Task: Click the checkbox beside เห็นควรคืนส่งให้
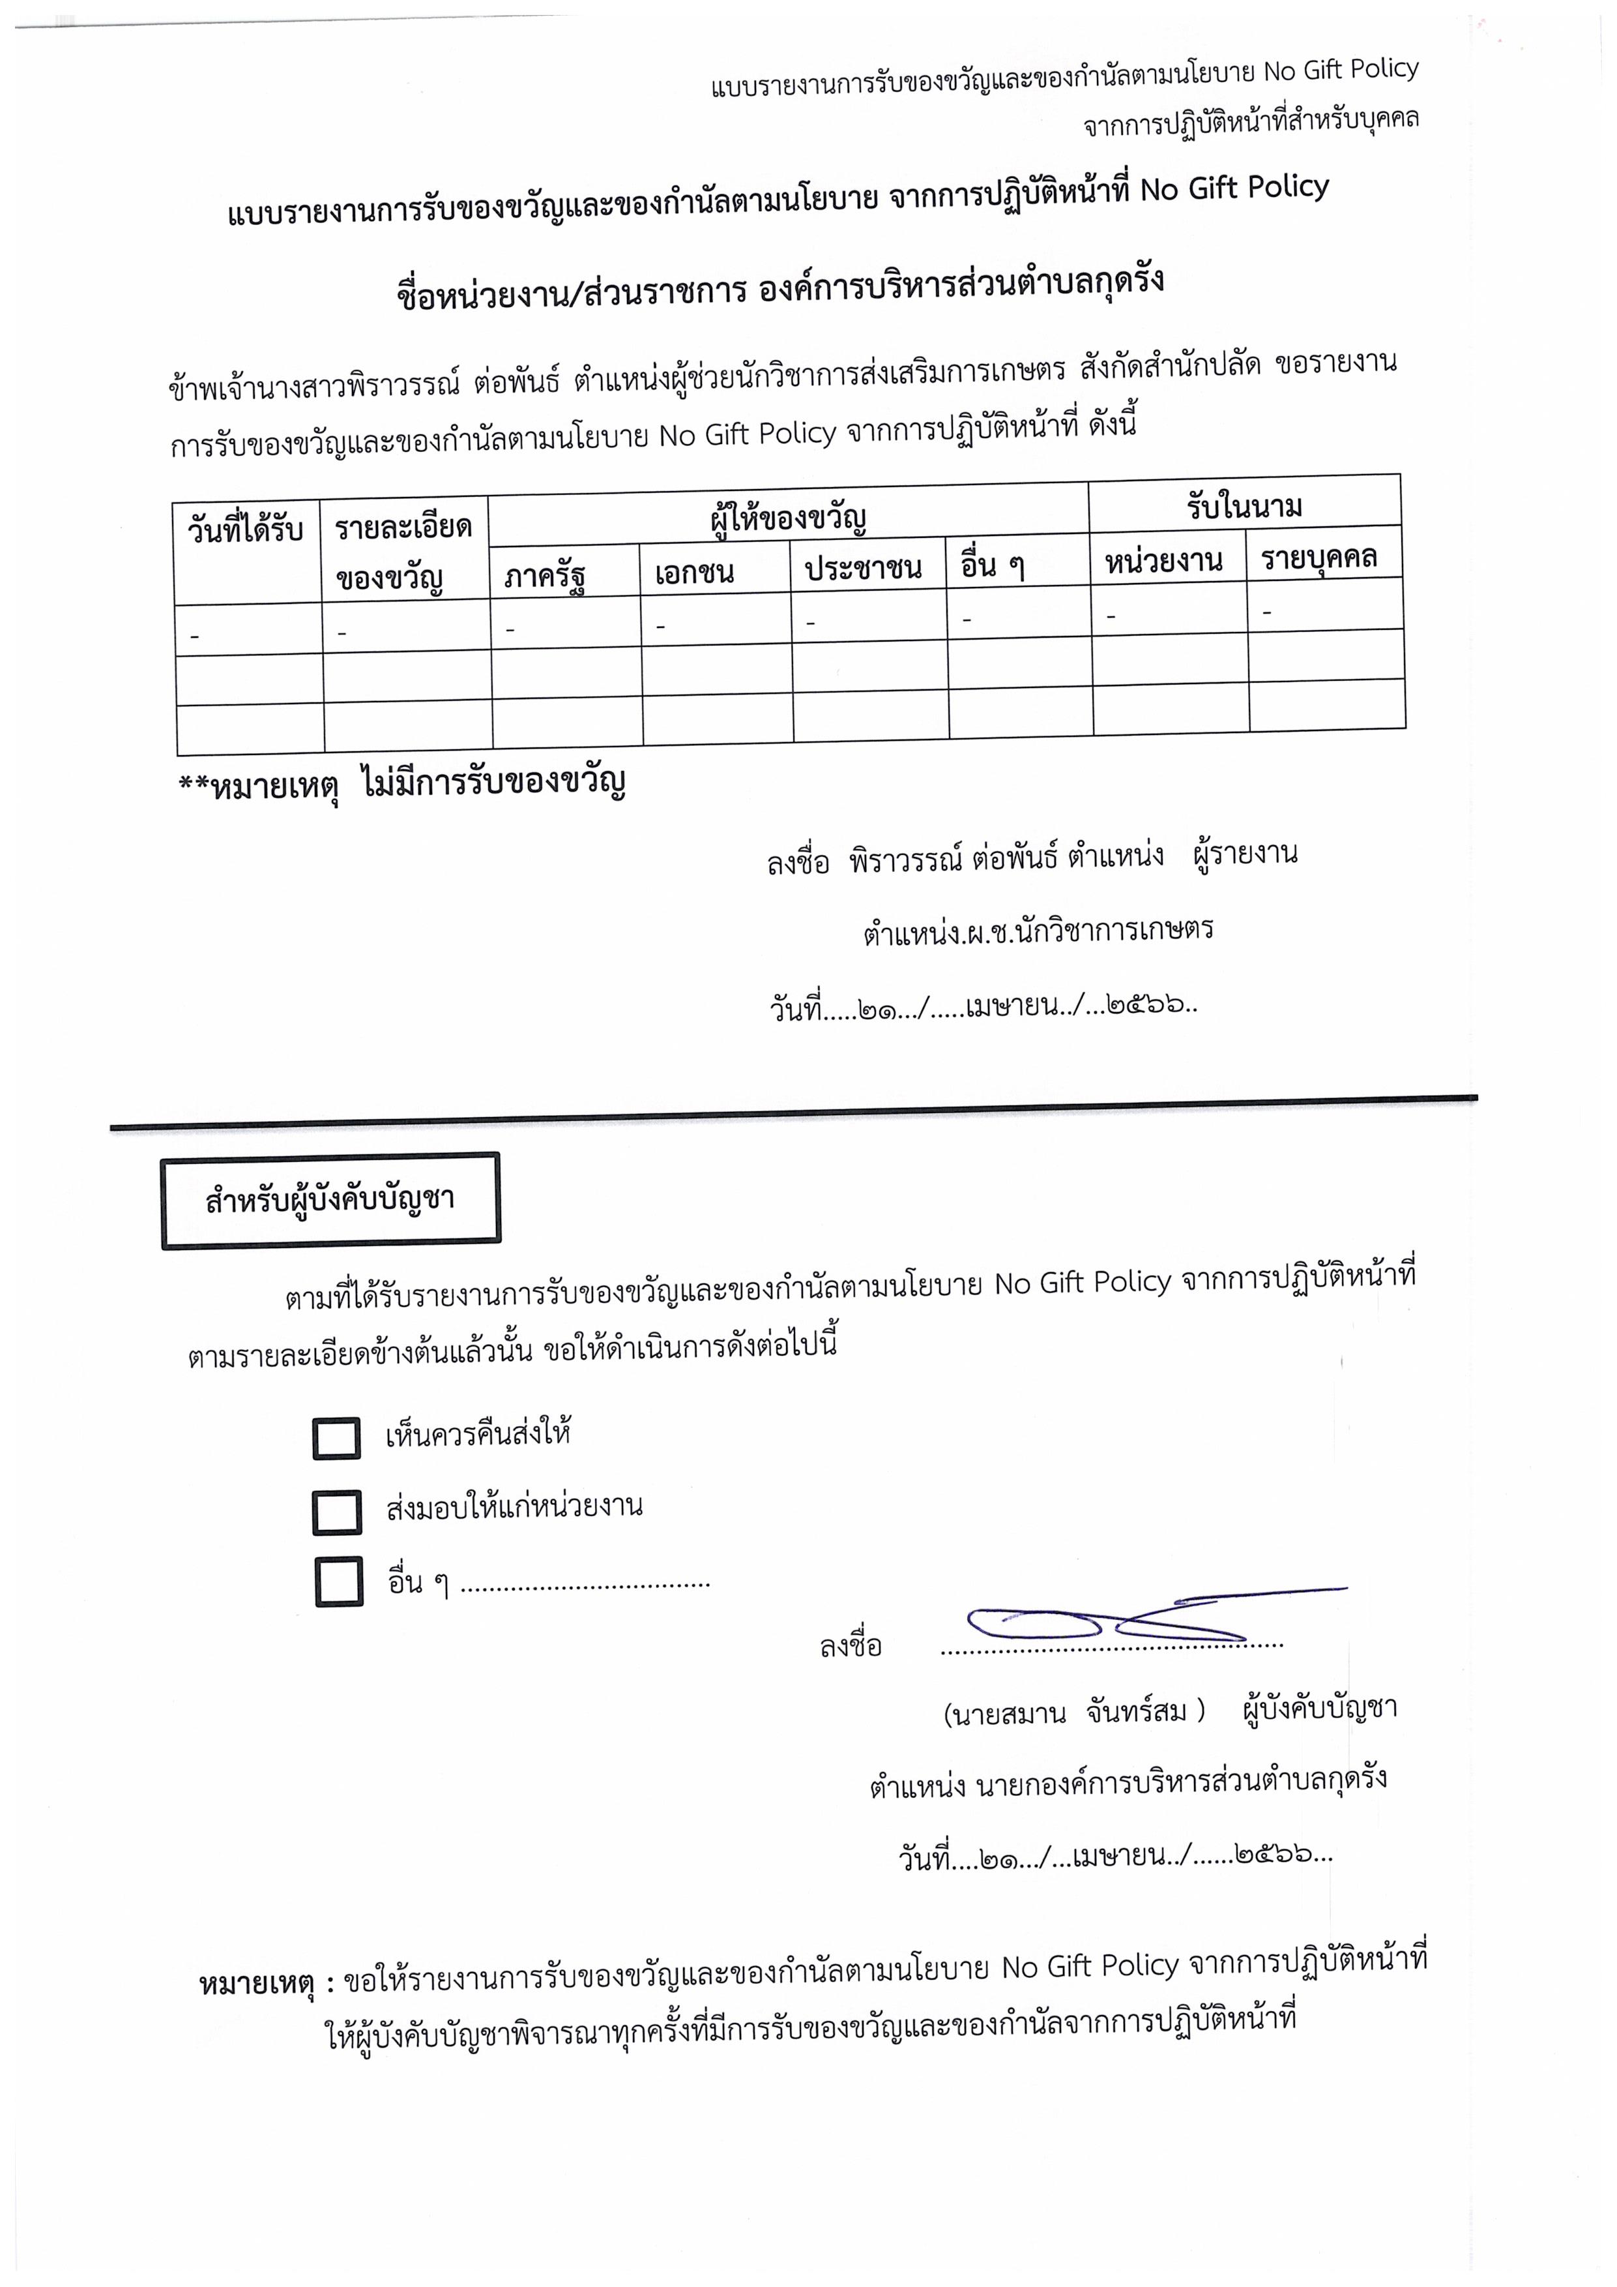click(x=336, y=1439)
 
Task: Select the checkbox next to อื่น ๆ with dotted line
click(x=338, y=1582)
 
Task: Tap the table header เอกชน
click(x=694, y=573)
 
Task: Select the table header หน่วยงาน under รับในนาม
click(x=1163, y=561)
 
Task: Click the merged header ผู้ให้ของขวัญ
click(x=787, y=518)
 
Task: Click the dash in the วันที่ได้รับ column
click(x=194, y=633)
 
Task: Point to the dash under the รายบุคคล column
click(x=1266, y=612)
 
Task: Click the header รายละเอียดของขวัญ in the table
click(x=403, y=552)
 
